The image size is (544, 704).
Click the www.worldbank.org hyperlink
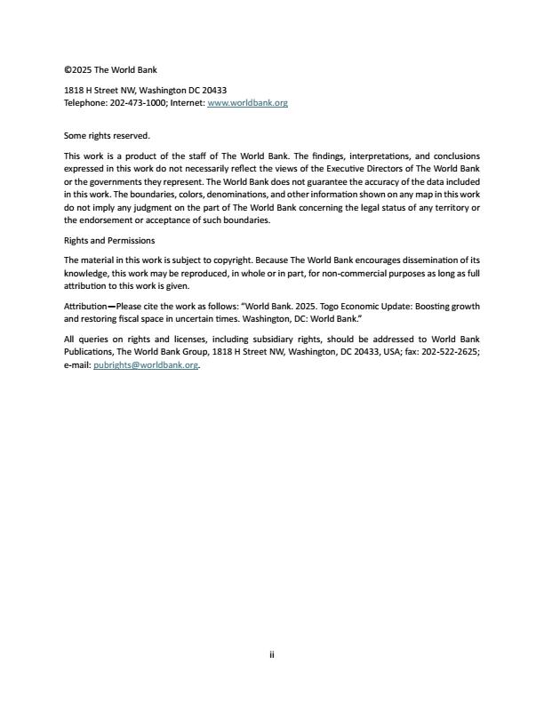(x=247, y=103)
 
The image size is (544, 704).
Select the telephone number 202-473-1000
(x=136, y=103)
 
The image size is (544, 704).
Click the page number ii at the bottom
(x=272, y=655)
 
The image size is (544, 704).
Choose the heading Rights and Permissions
(x=109, y=240)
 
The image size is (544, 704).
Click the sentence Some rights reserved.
(x=107, y=136)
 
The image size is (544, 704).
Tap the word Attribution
(x=85, y=307)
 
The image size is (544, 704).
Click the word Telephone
(x=84, y=103)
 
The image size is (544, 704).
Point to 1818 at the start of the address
(x=74, y=91)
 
